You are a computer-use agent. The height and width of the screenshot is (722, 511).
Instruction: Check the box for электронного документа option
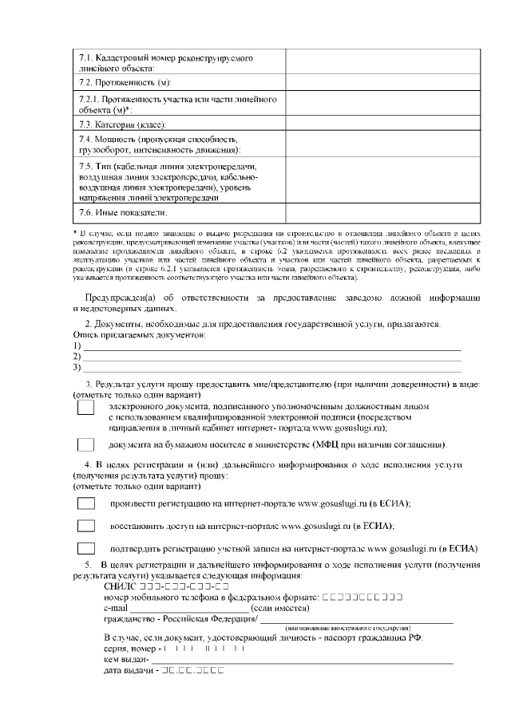pyautogui.click(x=85, y=408)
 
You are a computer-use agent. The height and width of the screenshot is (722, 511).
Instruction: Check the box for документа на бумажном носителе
pyautogui.click(x=85, y=444)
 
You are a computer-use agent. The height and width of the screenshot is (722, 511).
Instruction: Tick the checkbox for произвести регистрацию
pyautogui.click(x=85, y=503)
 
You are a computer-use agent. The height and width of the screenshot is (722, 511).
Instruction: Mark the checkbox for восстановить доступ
pyautogui.click(x=85, y=526)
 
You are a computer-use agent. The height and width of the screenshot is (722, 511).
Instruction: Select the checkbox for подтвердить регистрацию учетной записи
pyautogui.click(x=85, y=549)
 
